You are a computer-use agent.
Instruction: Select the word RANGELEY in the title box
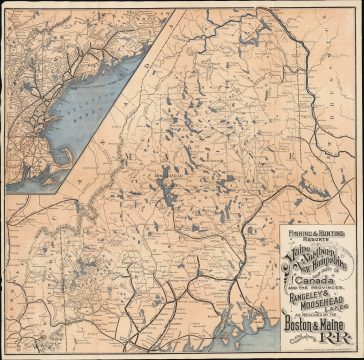[306, 298]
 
